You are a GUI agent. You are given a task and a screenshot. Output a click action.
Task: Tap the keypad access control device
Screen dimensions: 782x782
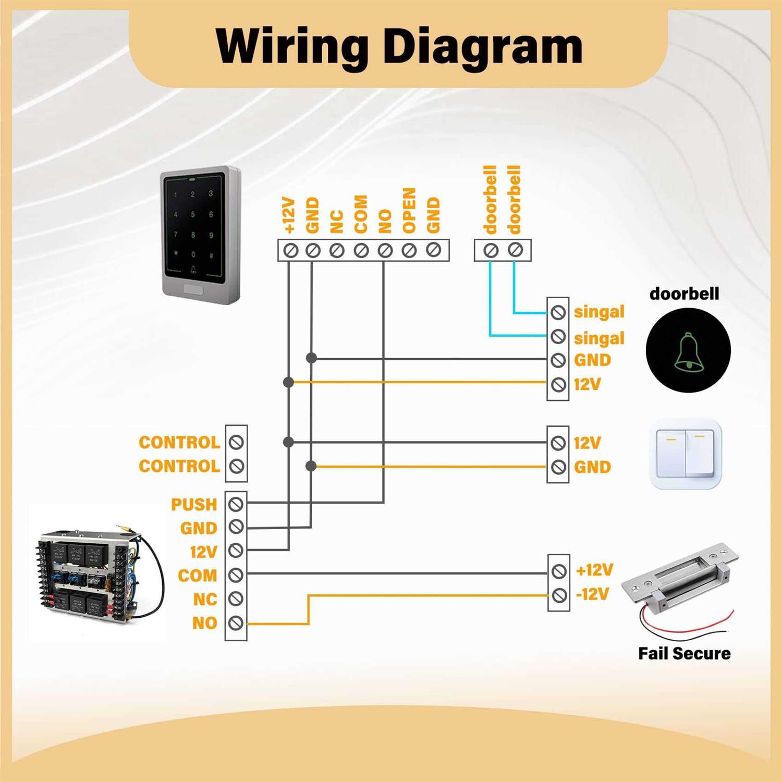[x=201, y=235]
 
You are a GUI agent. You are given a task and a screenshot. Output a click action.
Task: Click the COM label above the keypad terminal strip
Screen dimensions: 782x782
[x=361, y=214]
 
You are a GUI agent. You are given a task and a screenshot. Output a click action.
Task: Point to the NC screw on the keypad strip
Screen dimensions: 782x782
[x=337, y=251]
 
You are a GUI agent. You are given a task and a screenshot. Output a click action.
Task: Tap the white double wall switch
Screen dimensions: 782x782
[x=685, y=454]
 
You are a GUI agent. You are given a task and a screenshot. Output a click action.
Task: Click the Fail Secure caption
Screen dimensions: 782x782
[x=684, y=653]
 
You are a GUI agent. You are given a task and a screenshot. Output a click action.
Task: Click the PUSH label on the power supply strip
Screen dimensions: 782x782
[x=194, y=504]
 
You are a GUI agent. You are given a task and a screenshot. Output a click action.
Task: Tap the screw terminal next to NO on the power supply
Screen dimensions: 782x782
[x=236, y=622]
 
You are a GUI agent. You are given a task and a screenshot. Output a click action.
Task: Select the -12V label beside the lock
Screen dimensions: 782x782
[x=593, y=594]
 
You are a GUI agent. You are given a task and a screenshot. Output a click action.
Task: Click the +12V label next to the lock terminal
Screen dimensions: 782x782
[x=594, y=570]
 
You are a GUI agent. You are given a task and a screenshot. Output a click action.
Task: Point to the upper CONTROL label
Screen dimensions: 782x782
[x=179, y=442]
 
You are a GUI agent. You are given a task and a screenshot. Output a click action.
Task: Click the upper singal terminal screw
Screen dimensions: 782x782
[x=558, y=312]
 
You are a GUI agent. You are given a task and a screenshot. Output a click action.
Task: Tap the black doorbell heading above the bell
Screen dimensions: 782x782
[x=684, y=294]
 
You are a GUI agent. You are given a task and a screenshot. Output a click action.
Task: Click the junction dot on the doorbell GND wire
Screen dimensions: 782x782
[x=311, y=358]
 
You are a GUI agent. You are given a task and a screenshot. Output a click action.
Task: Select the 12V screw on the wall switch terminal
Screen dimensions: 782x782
[x=558, y=443]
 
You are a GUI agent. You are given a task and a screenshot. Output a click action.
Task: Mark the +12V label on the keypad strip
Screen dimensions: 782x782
[x=289, y=214]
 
